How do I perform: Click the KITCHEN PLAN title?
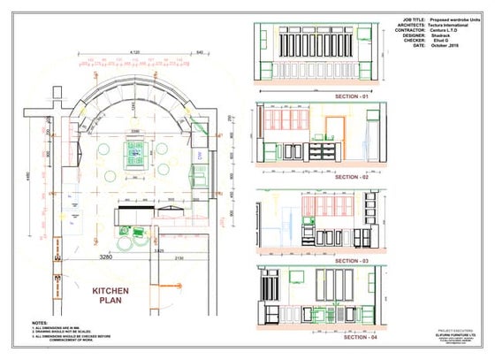click(110, 295)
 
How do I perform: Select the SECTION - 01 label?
click(353, 95)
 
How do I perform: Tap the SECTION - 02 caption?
click(352, 178)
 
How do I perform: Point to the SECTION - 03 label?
click(352, 262)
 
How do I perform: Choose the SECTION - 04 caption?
click(352, 339)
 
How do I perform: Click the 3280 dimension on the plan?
click(108, 257)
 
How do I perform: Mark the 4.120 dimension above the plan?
click(135, 53)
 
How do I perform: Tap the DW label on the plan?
click(200, 156)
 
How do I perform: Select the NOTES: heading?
click(40, 323)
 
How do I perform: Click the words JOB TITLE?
click(415, 18)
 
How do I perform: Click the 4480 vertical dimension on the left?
click(29, 177)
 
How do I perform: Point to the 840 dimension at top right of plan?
click(202, 53)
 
